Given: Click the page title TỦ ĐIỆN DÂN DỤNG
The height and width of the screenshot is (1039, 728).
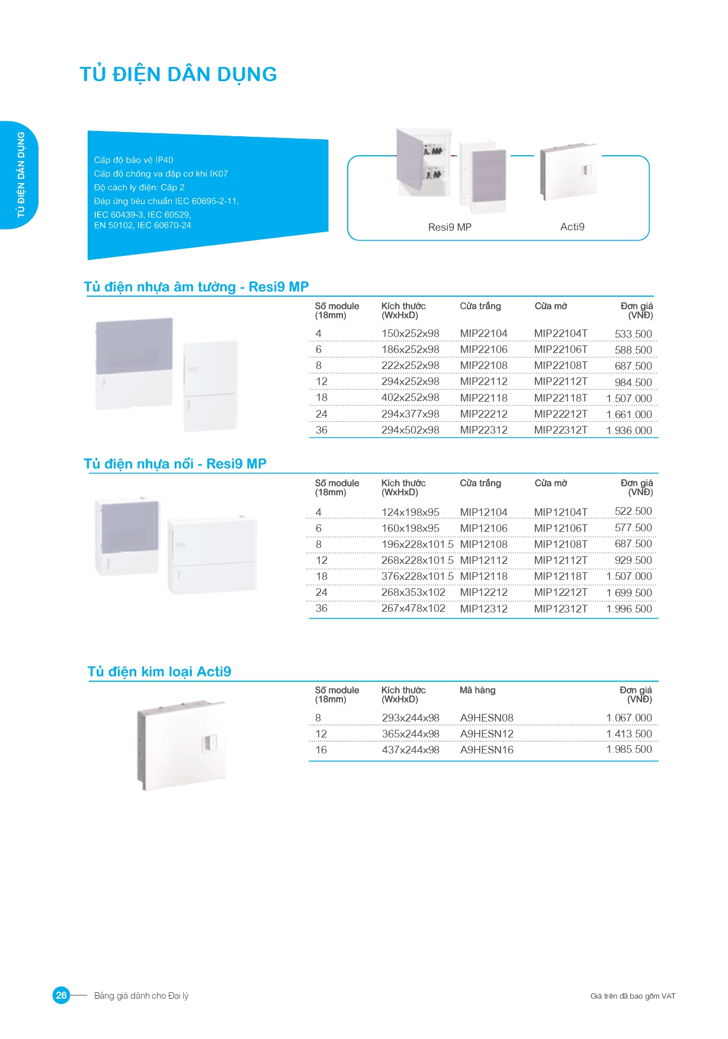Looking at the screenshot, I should pos(178,75).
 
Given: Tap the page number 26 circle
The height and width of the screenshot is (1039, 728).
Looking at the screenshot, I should pos(61,995).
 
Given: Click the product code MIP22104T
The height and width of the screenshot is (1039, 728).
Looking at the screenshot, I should pos(560,333).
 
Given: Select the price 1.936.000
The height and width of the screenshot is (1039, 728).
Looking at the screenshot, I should pos(628,431).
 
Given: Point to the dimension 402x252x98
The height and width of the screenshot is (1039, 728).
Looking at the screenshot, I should pos(410,397).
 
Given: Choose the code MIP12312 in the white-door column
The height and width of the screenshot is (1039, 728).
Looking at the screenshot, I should pos(483,608).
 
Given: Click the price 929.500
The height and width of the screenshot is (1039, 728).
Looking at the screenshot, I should pos(633,560).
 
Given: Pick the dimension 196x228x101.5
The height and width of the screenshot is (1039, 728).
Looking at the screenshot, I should pos(417,544).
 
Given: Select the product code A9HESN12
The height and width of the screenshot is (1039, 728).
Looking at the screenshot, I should pos(486,734).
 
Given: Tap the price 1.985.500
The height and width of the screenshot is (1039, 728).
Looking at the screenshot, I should pos(628,749).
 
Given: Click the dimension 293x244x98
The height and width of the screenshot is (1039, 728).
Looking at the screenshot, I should pos(410,718).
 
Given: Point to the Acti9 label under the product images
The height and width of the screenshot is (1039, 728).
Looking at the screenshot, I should pos(572,227).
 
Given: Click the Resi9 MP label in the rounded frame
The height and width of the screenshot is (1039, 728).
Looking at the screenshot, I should pos(450,227).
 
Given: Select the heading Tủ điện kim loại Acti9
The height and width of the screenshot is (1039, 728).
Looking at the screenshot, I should pos(159,672).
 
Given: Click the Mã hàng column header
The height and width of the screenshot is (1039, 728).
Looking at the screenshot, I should pos(477,690).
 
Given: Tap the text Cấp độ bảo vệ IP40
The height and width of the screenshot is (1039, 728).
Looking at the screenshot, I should pos(133,160).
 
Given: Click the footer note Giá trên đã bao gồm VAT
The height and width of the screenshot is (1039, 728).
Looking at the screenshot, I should pos(633,996).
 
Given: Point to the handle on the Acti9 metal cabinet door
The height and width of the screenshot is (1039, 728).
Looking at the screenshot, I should pos(210,744).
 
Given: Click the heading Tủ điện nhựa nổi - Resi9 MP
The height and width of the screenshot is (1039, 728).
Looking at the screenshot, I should pos(175,464).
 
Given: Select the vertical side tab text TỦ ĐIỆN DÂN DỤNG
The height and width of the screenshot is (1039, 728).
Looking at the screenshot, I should pos(21,175).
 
